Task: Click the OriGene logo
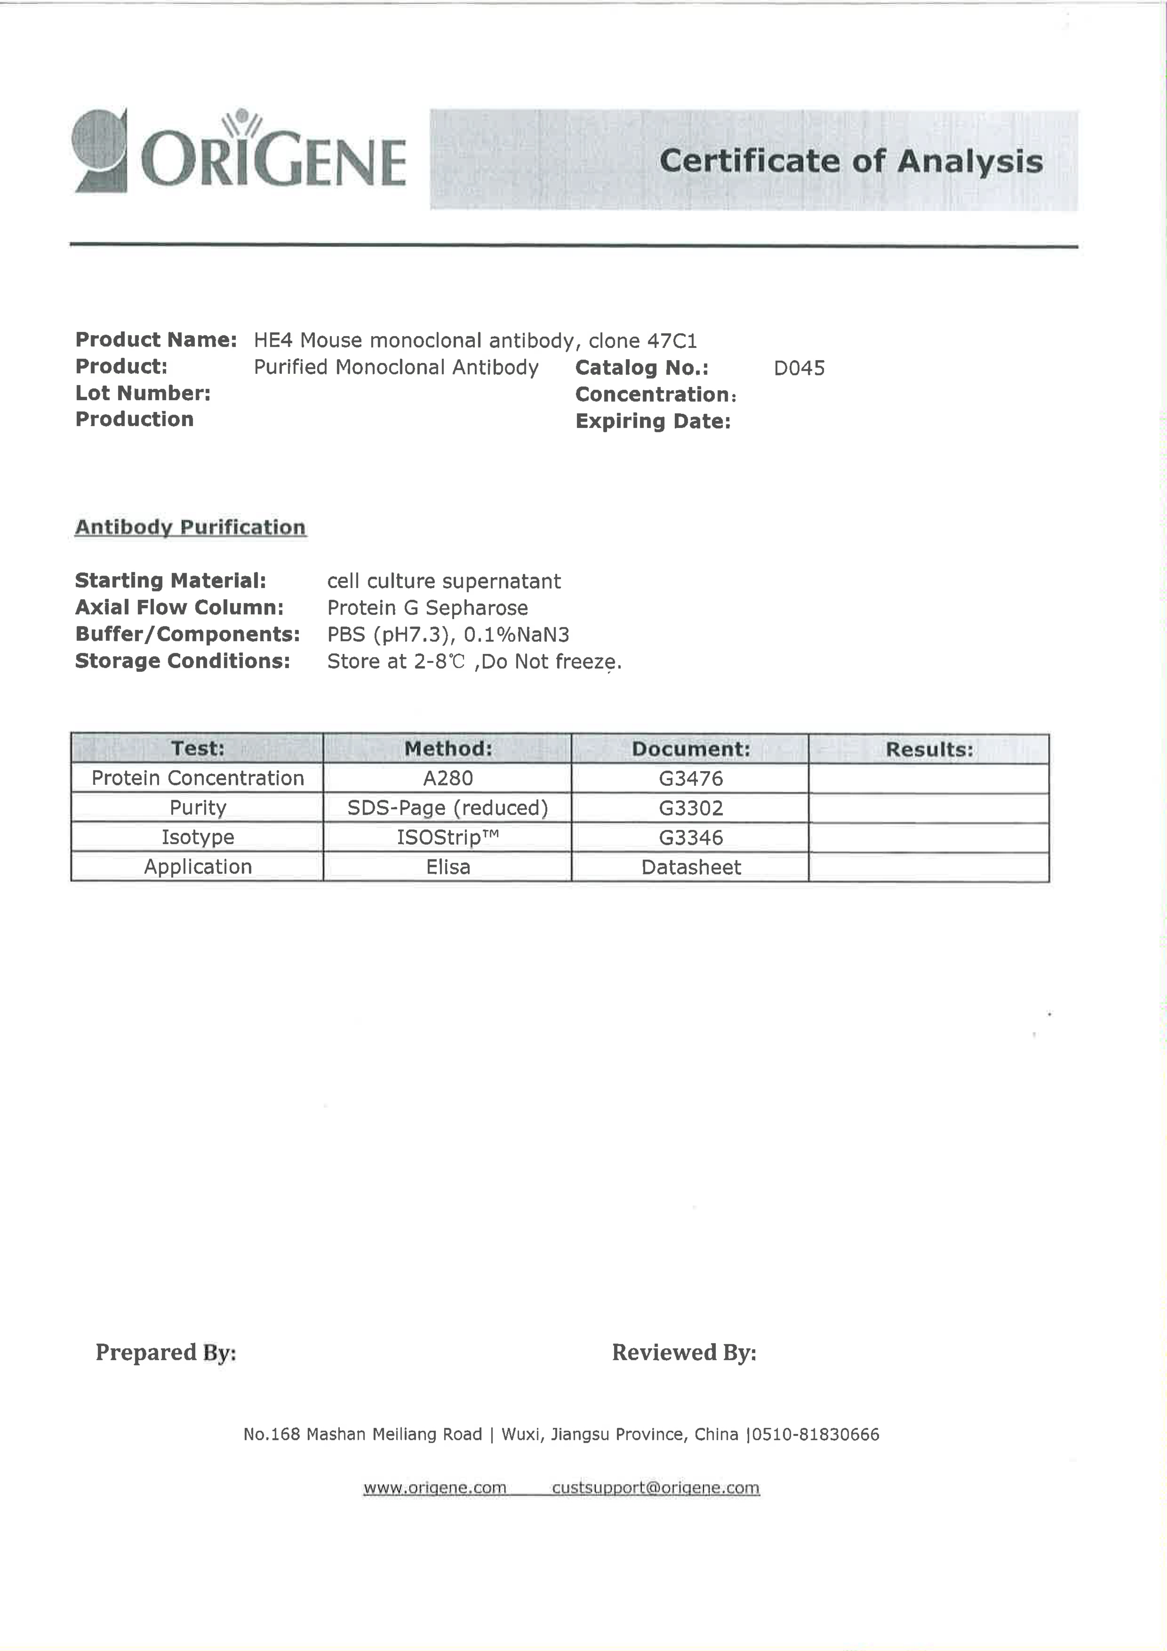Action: (x=240, y=153)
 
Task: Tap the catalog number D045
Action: (x=799, y=368)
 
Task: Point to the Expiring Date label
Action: (x=652, y=421)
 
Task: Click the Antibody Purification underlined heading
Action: (x=191, y=528)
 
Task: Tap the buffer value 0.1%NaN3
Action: (x=516, y=635)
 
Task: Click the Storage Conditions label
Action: (x=183, y=661)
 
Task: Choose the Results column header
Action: (x=929, y=749)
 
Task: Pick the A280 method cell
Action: (x=447, y=778)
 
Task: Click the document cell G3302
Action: (x=690, y=808)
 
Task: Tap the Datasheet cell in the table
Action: (x=690, y=867)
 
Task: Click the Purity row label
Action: (x=198, y=808)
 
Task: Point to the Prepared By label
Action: (x=166, y=1352)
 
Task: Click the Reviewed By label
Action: (x=684, y=1352)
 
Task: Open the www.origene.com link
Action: (x=434, y=1488)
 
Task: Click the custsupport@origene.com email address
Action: (x=655, y=1488)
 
